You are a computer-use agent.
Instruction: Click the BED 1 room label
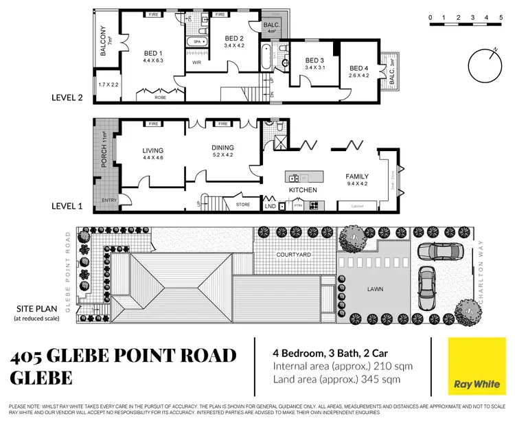click(152, 52)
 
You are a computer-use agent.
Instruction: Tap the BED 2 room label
click(234, 38)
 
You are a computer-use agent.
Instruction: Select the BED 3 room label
click(315, 60)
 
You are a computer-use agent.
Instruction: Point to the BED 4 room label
click(358, 68)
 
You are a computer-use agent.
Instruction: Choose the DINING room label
click(222, 147)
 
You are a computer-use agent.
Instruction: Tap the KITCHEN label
click(303, 190)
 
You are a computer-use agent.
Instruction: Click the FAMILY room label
click(357, 176)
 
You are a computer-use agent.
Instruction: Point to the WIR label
click(196, 62)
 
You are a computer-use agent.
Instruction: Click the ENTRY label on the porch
click(108, 200)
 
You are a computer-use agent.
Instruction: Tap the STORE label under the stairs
click(242, 203)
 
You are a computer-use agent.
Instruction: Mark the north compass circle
click(486, 66)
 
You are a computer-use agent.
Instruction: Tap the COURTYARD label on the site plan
click(295, 255)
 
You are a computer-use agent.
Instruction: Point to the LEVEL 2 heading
click(67, 98)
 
